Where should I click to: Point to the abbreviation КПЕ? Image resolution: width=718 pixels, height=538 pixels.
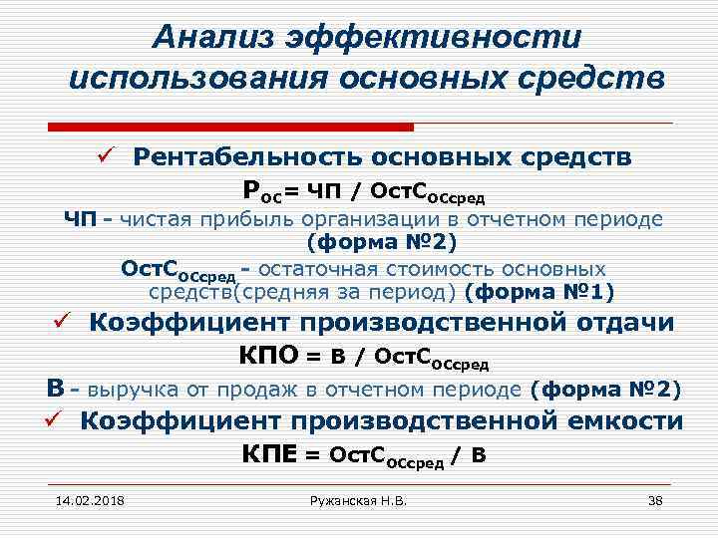(269, 454)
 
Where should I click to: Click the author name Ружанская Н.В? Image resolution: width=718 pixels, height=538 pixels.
(359, 500)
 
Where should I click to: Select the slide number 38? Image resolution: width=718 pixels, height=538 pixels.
(655, 500)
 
